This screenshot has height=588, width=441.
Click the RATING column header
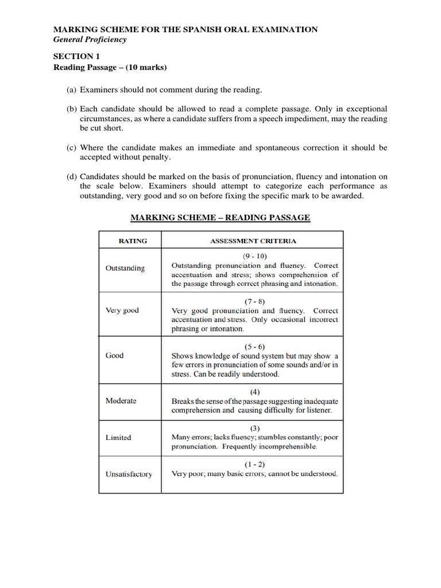tap(133, 241)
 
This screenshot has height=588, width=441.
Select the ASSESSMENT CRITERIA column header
tap(253, 241)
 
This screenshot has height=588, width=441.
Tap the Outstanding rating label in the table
tap(125, 268)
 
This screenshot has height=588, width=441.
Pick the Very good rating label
tap(122, 310)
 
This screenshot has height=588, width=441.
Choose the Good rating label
tap(115, 355)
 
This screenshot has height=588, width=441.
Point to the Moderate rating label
tap(121, 400)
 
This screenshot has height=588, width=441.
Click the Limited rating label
tap(118, 438)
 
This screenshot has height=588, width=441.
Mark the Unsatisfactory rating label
tap(129, 474)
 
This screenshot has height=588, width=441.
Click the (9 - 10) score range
tap(255, 256)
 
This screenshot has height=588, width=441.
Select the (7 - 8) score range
tap(255, 301)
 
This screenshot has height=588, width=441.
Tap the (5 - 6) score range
tap(255, 346)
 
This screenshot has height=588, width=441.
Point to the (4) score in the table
tap(255, 392)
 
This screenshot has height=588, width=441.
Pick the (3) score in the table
tap(255, 428)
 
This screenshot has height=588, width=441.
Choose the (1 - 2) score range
tap(255, 464)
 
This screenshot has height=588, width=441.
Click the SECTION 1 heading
tap(73, 56)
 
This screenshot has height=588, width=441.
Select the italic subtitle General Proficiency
tap(90, 40)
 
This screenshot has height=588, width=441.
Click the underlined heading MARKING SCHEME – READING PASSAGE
tap(220, 217)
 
